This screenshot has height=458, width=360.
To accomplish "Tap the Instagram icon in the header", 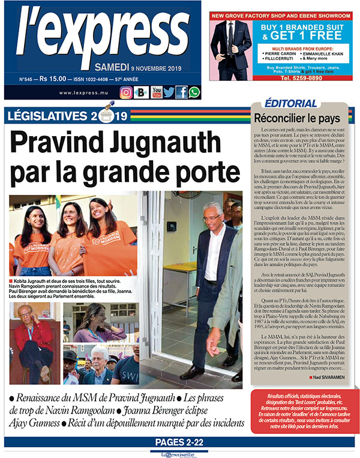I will coord(126,92).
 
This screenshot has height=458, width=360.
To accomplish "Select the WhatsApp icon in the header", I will coord(194,92).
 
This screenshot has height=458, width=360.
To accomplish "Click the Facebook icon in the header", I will coord(181,92).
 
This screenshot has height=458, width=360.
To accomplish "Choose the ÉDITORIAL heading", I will coord(290,103).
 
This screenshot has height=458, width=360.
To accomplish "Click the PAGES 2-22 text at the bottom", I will coord(180,442).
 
